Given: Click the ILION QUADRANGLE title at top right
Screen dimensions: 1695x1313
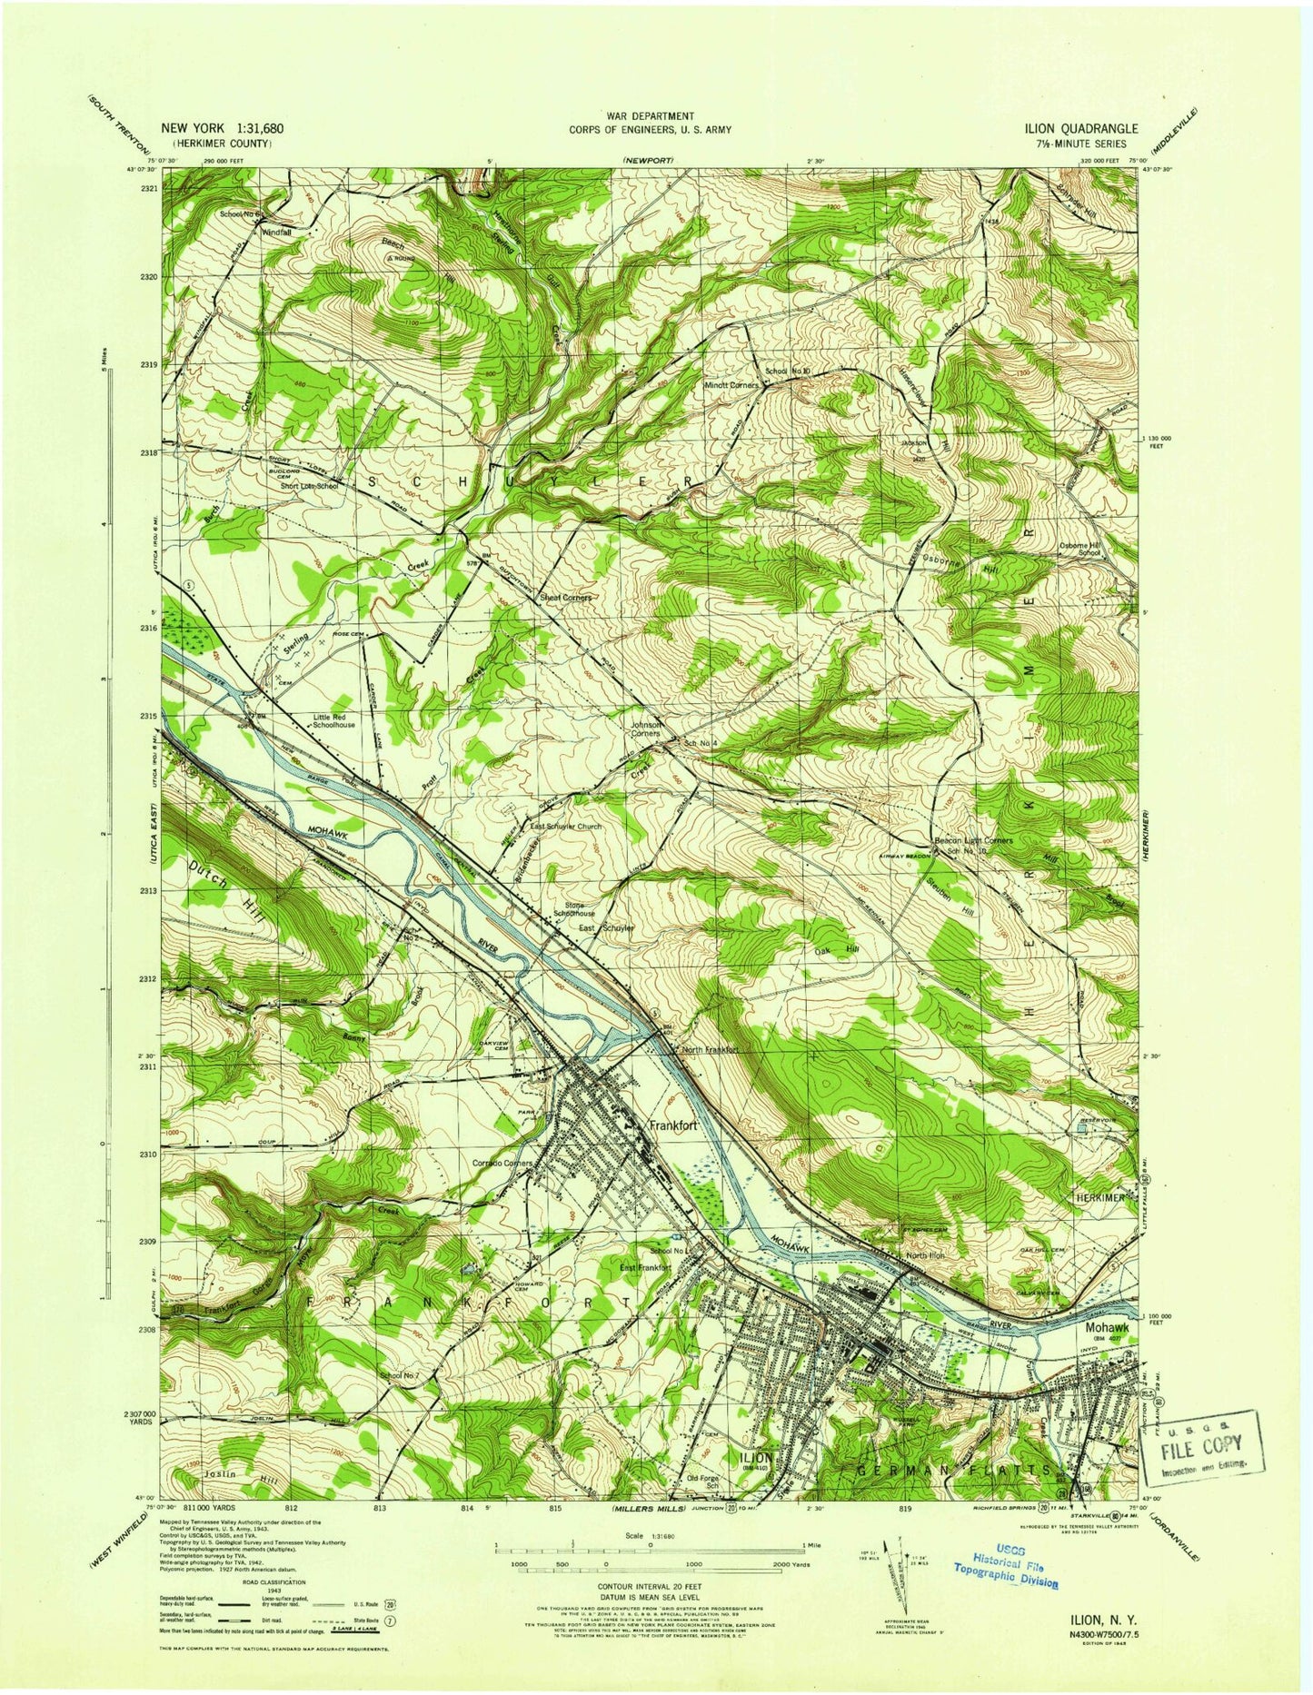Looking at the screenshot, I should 1071,129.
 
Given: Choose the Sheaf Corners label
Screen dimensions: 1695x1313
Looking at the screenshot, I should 566,598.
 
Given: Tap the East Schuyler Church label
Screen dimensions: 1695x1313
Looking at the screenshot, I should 566,827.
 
